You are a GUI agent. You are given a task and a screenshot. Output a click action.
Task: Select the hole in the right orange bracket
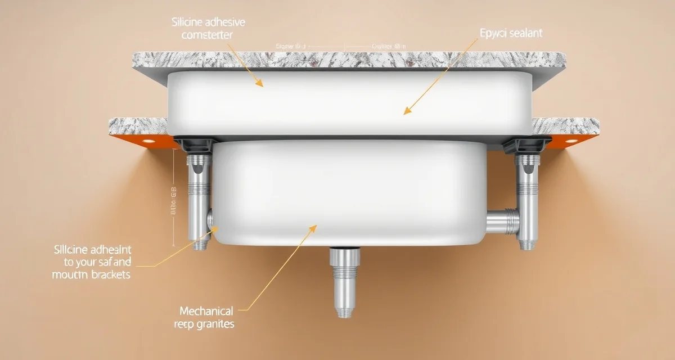point(573,140)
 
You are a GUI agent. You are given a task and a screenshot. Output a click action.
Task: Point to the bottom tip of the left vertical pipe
point(200,246)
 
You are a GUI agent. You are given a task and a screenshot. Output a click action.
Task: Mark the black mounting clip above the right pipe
point(517,145)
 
